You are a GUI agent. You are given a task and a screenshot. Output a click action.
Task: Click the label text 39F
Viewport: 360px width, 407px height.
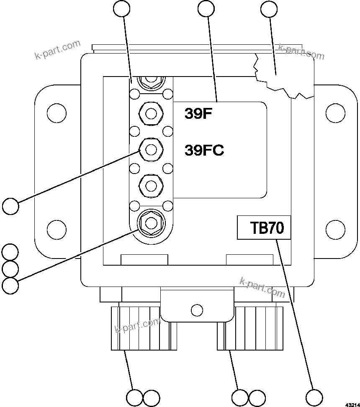[199, 114]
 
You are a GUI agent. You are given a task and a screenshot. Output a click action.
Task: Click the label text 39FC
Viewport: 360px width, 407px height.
[204, 150]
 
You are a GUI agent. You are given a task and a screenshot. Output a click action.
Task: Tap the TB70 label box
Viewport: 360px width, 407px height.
[264, 228]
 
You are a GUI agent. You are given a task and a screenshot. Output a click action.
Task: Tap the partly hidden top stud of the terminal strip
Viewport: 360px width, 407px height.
[150, 80]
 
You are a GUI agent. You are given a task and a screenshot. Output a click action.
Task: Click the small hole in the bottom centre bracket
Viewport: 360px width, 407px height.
[196, 310]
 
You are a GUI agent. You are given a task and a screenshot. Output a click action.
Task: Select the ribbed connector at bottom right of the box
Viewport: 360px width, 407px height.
[250, 328]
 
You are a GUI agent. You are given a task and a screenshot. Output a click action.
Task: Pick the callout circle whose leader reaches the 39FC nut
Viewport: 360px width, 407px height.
[10, 206]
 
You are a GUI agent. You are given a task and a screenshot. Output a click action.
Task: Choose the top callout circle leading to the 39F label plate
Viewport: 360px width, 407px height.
[206, 9]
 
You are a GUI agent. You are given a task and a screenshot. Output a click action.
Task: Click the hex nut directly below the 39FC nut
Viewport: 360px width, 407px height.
[150, 184]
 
